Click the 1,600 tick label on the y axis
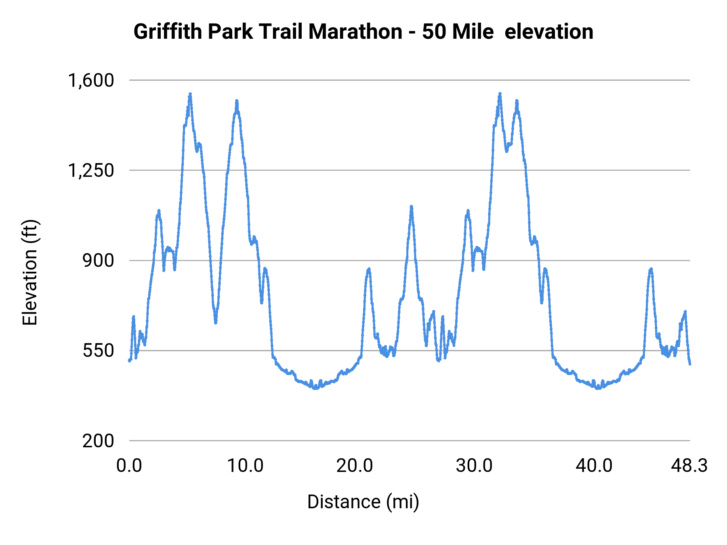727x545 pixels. [x=91, y=80]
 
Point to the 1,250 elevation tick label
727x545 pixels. [x=91, y=170]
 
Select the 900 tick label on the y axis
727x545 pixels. [x=98, y=260]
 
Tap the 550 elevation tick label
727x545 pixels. [x=98, y=350]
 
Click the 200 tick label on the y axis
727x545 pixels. [x=98, y=440]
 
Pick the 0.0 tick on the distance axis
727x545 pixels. [x=129, y=466]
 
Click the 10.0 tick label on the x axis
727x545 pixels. [x=245, y=466]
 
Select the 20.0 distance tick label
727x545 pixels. [x=355, y=466]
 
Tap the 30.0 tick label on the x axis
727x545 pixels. [x=474, y=466]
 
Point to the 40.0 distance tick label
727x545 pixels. [x=594, y=466]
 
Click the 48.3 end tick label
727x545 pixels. [x=689, y=466]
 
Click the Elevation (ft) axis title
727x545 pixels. [x=30, y=272]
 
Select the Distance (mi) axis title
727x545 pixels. [x=363, y=502]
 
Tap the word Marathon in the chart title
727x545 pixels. [x=355, y=31]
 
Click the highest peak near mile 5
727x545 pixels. [x=190, y=94]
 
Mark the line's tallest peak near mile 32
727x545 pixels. [x=500, y=94]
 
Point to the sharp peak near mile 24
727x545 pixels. [x=411, y=206]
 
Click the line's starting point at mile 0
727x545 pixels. [x=130, y=360]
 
